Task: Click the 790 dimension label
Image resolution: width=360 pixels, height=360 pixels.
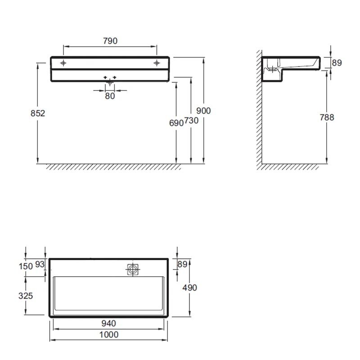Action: (110, 41)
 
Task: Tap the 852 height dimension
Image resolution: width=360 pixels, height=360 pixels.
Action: (38, 113)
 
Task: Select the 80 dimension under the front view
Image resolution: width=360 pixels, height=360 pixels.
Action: (110, 96)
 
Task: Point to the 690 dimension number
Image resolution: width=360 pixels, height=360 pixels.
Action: (176, 123)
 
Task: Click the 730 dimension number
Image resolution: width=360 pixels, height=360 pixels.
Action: (191, 120)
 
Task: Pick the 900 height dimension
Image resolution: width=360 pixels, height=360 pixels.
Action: (203, 111)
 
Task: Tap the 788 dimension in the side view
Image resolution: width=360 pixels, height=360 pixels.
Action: (327, 117)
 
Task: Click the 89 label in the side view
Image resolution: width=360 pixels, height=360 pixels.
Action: (337, 63)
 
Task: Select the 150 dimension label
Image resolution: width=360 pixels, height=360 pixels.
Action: (26, 266)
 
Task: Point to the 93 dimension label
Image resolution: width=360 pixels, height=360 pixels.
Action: (40, 264)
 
